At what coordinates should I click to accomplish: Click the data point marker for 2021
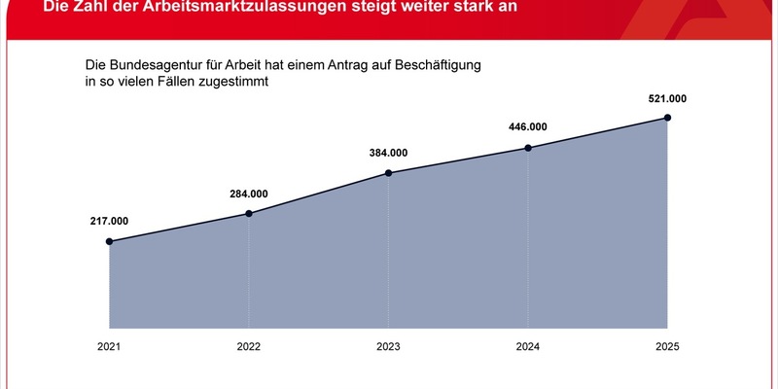(x=109, y=241)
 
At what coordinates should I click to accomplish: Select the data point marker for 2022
(x=249, y=213)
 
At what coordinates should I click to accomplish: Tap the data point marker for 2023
(x=389, y=173)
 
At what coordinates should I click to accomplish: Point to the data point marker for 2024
(x=528, y=148)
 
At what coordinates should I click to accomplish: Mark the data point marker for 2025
(x=668, y=118)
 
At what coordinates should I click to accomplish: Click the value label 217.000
(x=109, y=221)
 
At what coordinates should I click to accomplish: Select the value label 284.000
(x=249, y=193)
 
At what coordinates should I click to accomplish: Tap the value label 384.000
(x=389, y=153)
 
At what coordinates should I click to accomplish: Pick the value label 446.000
(x=528, y=127)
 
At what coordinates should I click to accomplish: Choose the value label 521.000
(x=668, y=97)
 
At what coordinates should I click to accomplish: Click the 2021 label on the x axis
(x=109, y=348)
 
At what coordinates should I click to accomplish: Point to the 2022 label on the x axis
(x=249, y=348)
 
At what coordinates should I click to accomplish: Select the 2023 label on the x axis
(x=389, y=348)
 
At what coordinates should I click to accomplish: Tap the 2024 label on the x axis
(x=528, y=348)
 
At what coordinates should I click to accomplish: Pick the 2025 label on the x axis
(x=668, y=348)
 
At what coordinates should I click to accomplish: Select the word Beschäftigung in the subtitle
(x=435, y=65)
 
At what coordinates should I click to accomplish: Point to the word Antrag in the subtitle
(x=342, y=65)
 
